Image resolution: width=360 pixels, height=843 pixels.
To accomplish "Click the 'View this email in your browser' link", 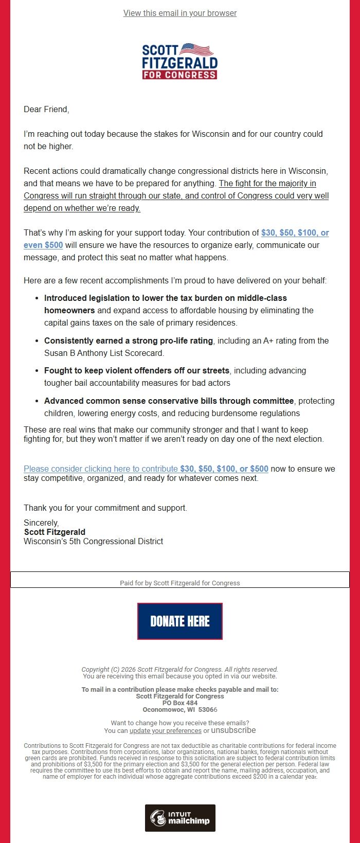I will click(x=180, y=13).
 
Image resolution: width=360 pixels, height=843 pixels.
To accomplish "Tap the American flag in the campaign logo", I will click(x=196, y=50).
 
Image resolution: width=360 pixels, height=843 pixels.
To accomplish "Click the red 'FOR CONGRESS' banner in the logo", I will click(x=179, y=75).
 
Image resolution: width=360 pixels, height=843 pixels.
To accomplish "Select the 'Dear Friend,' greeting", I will click(x=46, y=109).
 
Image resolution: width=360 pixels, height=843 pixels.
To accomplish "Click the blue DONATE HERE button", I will click(x=180, y=621).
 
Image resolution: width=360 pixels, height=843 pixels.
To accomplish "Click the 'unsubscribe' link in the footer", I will click(x=233, y=730).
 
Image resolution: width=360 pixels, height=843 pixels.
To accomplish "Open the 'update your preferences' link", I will click(x=165, y=731).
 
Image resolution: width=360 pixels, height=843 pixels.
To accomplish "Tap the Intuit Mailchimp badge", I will click(x=180, y=818).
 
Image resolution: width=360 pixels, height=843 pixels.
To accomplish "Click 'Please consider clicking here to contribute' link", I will click(x=101, y=469).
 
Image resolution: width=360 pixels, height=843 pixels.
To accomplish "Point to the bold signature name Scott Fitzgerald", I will click(x=55, y=532).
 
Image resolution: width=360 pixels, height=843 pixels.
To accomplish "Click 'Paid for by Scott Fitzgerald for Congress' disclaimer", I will click(x=180, y=583).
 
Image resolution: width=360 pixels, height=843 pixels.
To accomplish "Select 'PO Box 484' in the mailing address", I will click(x=180, y=703).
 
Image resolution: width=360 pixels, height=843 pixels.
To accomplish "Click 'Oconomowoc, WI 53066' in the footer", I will click(x=180, y=710).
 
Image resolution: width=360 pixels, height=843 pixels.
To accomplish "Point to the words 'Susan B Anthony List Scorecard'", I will click(x=103, y=353).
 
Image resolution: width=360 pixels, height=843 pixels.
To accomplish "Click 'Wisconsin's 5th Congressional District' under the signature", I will click(x=93, y=541).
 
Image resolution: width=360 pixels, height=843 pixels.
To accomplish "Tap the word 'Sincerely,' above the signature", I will click(x=41, y=523).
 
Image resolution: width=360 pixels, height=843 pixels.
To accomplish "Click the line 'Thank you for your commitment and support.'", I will click(x=105, y=508).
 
